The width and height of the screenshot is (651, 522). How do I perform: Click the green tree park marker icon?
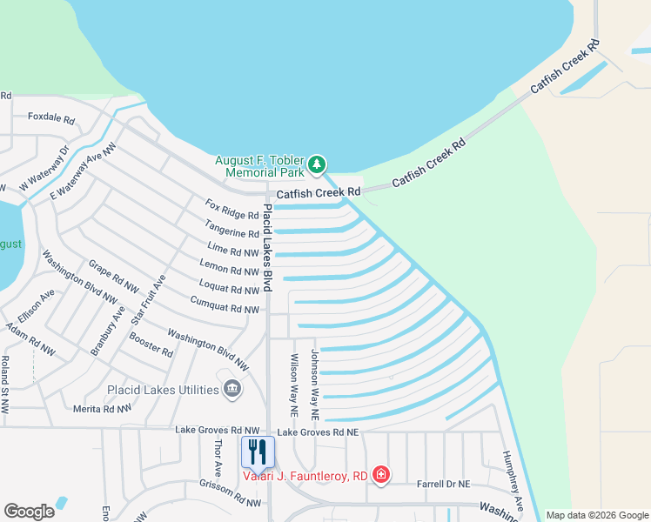318,164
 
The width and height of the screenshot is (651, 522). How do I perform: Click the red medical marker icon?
380,475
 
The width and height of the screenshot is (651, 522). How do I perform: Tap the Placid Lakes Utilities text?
163,389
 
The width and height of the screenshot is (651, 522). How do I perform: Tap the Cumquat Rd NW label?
225,304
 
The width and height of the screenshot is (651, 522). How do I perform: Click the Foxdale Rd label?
51,117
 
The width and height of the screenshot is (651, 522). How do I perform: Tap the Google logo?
29,512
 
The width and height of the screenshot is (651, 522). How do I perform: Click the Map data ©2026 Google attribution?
596,515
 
